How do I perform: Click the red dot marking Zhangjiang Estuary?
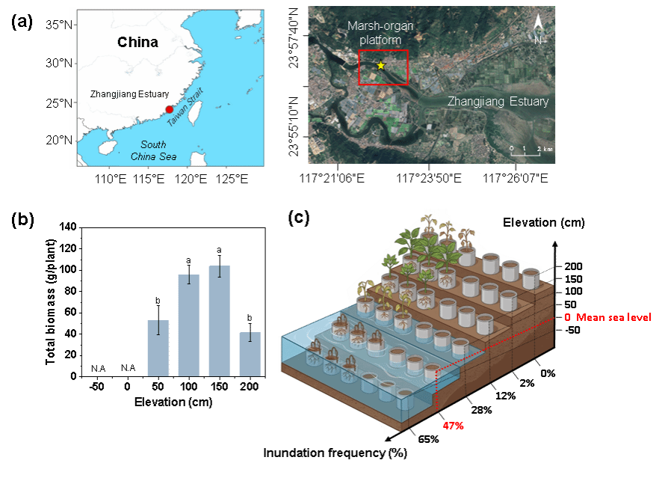point(169,109)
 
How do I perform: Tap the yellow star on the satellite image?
point(381,66)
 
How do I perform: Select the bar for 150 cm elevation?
point(220,321)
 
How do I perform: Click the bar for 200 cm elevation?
point(250,355)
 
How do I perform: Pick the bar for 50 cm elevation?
point(158,349)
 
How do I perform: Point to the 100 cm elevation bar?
point(189,325)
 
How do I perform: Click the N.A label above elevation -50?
point(99,369)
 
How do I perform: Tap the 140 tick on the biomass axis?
point(68,227)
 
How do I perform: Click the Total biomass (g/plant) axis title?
point(51,301)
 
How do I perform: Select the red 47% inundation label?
point(453,426)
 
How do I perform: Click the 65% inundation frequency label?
point(428,439)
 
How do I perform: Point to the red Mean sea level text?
point(613,317)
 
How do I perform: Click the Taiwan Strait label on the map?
point(185,107)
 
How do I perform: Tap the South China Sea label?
point(153,150)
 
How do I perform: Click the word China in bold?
point(137,42)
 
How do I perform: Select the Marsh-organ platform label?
point(380,33)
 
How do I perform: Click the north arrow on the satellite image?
point(538,28)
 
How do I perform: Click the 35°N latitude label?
point(59,25)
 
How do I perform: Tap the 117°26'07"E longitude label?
point(516,178)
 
